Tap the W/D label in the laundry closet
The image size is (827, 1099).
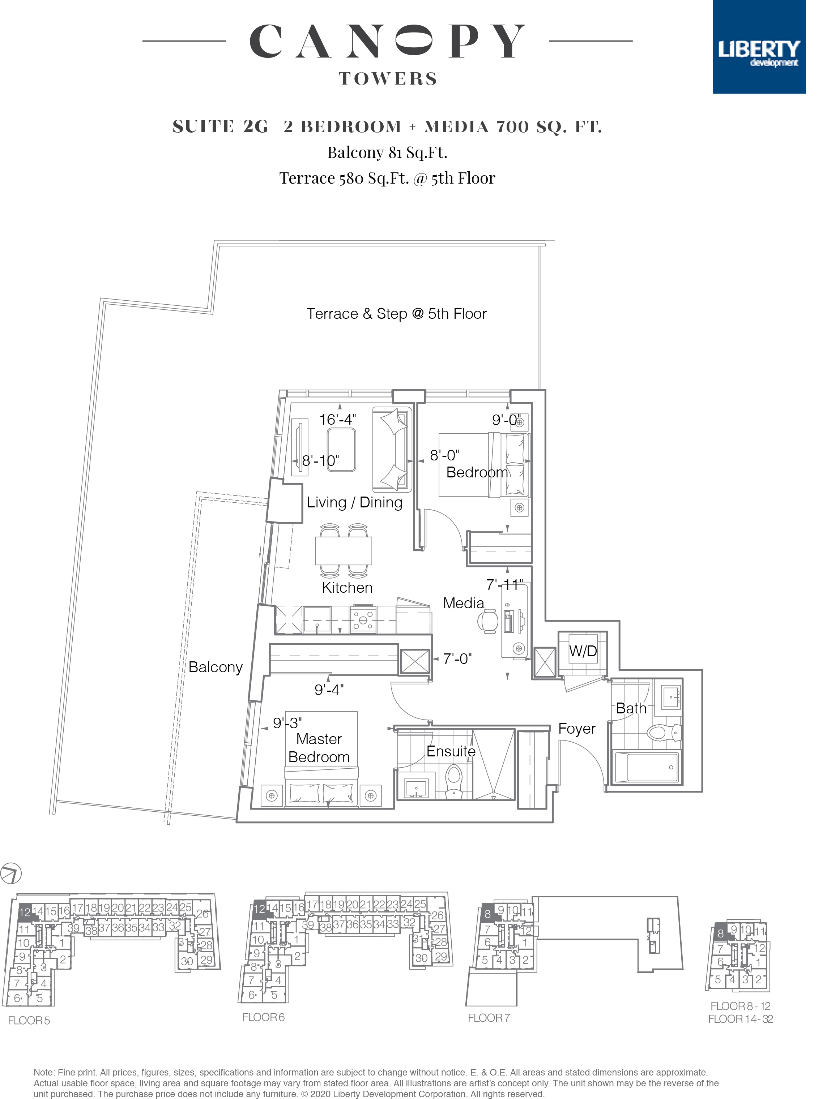coord(583,651)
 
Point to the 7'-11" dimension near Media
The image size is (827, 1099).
coord(504,585)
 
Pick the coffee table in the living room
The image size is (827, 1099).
coord(341,450)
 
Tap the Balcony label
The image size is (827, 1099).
coord(215,667)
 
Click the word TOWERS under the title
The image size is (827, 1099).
coord(388,78)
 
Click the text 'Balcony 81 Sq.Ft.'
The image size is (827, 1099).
coord(387,152)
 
